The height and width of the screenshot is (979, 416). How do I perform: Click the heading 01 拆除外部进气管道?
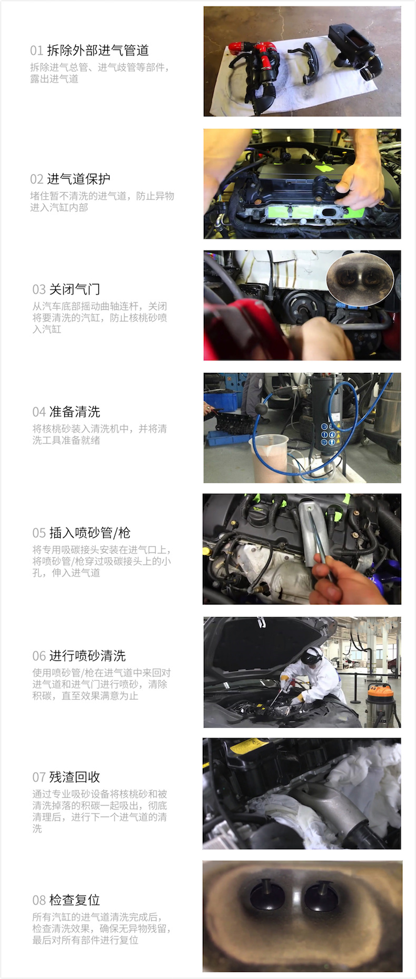pyautogui.click(x=90, y=51)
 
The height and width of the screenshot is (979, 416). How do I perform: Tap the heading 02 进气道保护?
pyautogui.click(x=70, y=179)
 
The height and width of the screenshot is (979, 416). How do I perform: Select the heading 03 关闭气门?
pyautogui.click(x=66, y=289)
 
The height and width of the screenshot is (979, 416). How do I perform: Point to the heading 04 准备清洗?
pyautogui.click(x=66, y=412)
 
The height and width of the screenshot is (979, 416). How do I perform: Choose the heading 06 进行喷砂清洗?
pyautogui.click(x=79, y=656)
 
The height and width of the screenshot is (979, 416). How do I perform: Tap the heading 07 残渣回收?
pyautogui.click(x=66, y=777)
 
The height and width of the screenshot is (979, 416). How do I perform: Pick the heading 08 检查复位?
pyautogui.click(x=66, y=900)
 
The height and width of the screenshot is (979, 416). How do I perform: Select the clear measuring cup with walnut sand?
pyautogui.click(x=271, y=456)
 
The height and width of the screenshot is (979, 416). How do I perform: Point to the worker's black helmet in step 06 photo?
pyautogui.click(x=312, y=655)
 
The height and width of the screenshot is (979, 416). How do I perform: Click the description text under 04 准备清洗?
pyautogui.click(x=100, y=434)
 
